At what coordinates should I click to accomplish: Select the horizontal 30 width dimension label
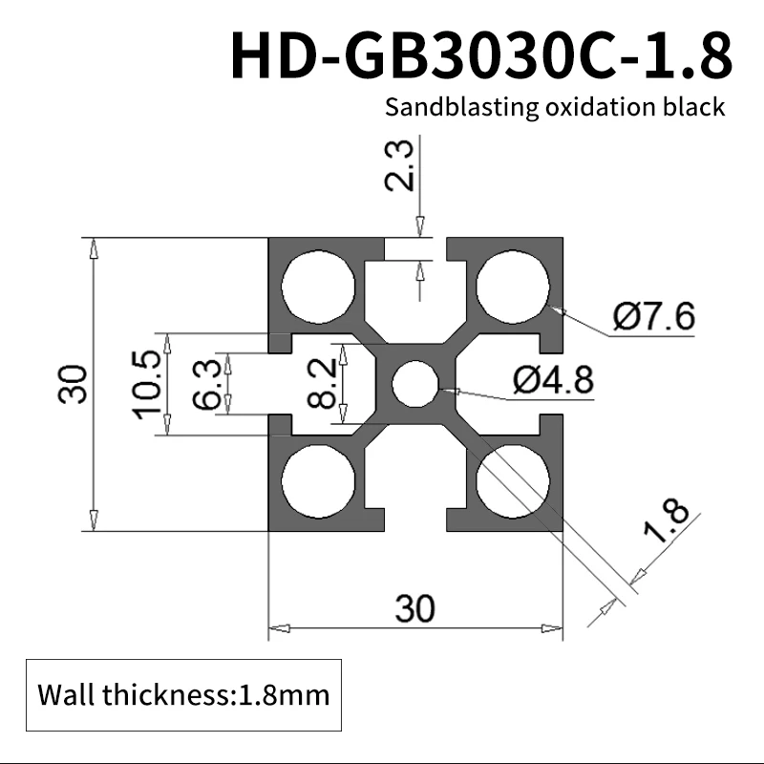(414, 608)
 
